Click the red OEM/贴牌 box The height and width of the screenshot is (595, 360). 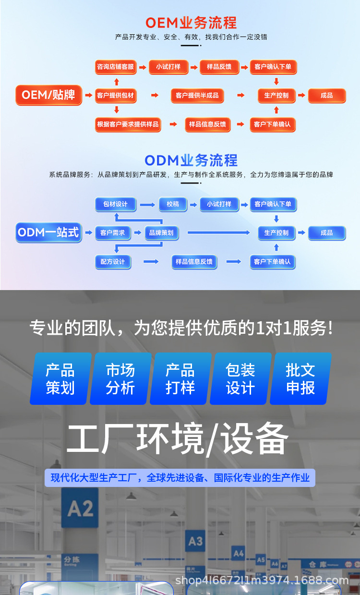49,95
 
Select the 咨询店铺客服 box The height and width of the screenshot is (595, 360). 115,67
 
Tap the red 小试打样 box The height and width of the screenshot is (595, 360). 168,67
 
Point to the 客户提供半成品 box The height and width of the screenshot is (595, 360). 197,95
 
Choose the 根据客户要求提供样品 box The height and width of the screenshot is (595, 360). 128,124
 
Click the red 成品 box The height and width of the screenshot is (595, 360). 326,95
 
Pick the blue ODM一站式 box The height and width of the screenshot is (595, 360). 48,233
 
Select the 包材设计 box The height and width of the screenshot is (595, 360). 115,204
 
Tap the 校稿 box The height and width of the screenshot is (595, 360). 173,204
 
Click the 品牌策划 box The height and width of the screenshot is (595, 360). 161,233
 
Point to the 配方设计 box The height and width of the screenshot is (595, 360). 113,262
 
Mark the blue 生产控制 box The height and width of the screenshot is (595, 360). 276,233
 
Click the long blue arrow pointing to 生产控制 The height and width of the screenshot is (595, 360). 218,233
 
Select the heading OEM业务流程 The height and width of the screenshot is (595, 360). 191,23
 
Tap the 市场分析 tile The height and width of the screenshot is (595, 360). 120,379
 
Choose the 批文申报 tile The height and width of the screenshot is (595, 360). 300,379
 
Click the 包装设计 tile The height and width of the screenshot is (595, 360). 240,379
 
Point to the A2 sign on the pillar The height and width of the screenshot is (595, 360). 80,508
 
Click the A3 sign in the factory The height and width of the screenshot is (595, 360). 195,541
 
